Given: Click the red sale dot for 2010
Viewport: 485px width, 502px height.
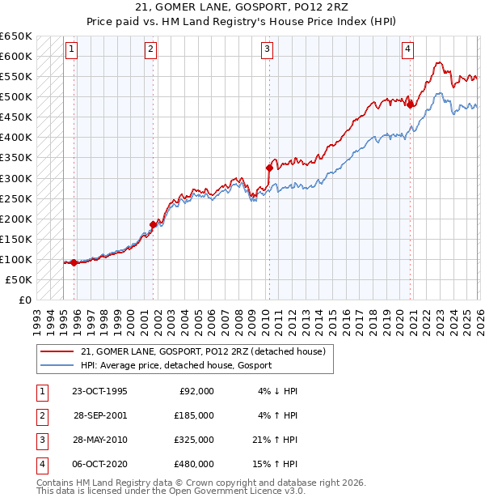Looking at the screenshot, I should pos(268,168).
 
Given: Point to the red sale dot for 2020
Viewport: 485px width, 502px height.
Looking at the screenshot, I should pos(410,104).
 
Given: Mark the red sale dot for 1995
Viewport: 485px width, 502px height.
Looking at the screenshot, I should pos(74,262).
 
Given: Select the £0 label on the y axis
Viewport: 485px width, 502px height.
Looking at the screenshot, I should pos(23,300).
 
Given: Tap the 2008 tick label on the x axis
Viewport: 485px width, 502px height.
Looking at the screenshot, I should pos(238,316).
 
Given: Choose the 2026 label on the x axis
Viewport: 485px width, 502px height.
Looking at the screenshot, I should pos(479,316).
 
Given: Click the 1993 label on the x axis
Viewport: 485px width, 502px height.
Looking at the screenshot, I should pos(37,316).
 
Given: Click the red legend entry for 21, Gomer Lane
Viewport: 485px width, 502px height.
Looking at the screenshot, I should pos(203,351).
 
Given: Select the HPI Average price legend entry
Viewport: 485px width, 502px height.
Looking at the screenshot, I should pos(176,365).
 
